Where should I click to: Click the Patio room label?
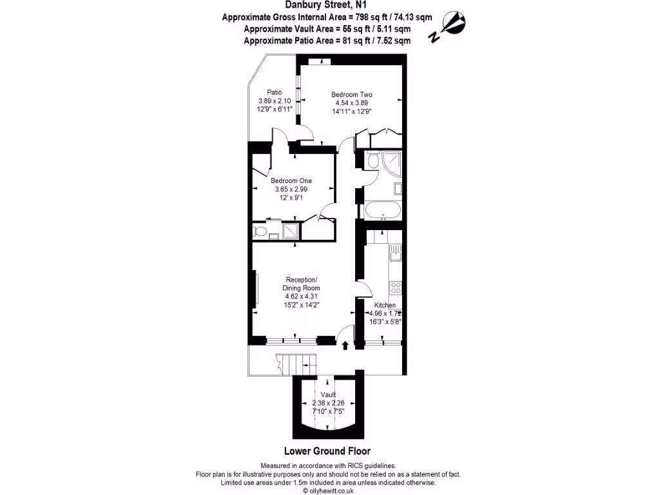click(x=275, y=92)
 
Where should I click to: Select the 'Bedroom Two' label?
click(x=352, y=95)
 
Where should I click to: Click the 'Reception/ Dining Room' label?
click(x=301, y=283)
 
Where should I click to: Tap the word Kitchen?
click(x=385, y=305)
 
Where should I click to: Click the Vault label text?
click(x=328, y=394)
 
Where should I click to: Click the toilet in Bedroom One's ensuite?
click(x=261, y=231)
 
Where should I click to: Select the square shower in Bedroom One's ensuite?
click(x=290, y=231)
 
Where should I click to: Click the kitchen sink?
click(x=394, y=253)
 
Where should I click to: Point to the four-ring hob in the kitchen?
click(x=395, y=287)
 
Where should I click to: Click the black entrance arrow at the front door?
click(x=345, y=345)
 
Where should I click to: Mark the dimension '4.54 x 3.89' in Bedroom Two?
click(x=352, y=103)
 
